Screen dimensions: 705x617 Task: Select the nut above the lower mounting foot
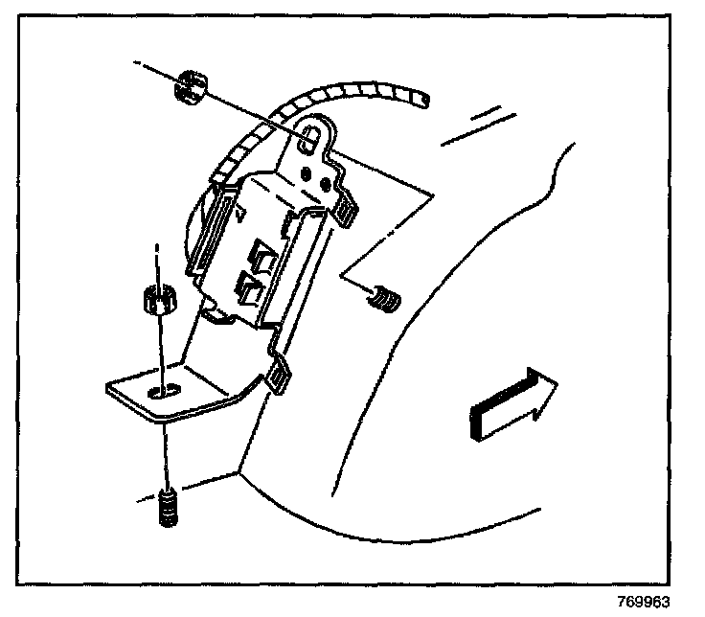pos(159,303)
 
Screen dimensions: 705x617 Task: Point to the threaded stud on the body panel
pos(383,299)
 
